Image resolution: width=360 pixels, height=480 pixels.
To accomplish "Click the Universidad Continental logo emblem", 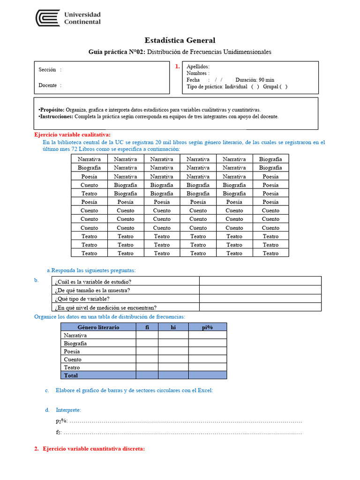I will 48,18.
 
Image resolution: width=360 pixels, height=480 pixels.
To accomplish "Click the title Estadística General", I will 180,40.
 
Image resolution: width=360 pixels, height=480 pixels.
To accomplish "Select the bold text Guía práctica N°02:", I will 117,52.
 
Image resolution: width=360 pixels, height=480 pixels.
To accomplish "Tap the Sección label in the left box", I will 47,70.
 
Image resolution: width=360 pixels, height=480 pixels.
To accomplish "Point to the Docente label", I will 48,85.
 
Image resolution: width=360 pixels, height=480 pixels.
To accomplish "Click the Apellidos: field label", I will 198,67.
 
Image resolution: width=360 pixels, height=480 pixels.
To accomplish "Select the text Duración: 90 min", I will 255,80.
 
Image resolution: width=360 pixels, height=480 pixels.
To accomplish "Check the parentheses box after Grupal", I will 283,86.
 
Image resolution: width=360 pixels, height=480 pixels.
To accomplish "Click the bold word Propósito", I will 52,109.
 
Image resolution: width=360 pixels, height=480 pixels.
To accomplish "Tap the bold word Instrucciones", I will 56,116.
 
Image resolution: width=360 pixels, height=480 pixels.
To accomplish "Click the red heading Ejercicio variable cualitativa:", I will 72,135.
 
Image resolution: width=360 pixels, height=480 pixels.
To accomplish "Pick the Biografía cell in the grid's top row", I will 270,159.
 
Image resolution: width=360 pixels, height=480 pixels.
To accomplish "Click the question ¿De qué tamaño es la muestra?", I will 92,290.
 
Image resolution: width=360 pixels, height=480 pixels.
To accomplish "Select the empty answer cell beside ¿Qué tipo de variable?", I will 260,299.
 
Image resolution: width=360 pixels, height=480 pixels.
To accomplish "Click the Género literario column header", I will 98,327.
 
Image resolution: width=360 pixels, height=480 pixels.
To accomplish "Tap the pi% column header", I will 207,327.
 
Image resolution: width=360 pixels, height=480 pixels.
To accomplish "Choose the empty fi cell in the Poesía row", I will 147,351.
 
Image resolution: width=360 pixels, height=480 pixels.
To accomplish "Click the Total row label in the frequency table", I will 71,375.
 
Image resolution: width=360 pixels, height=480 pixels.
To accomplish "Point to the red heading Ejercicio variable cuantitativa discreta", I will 93,449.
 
